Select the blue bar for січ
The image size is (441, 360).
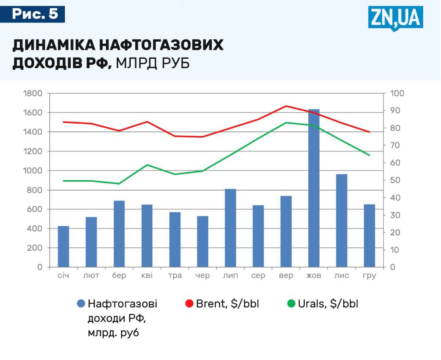point(63,247)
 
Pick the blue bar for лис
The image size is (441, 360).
point(341,220)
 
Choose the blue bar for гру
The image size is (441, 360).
point(369,236)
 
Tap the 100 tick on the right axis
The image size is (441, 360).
point(397,93)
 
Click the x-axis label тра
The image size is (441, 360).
point(175,276)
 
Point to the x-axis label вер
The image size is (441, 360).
point(286,276)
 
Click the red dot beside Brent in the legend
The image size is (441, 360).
point(189,304)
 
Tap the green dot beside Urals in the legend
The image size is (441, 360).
point(291,304)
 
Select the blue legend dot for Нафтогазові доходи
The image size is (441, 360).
point(81,304)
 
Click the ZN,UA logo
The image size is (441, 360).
point(395,18)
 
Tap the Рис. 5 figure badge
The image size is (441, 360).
point(35,14)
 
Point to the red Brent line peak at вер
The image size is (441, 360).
point(286,106)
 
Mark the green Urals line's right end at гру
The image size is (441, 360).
point(369,155)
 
